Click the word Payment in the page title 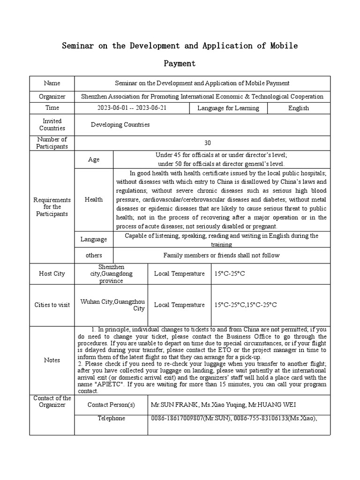pos(180,63)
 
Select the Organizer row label pos(52,96)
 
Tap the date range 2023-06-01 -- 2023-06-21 pos(132,108)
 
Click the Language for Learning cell pos(228,108)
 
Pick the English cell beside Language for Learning pos(299,108)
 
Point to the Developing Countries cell pos(120,125)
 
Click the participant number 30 pos(208,142)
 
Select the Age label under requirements pos(94,159)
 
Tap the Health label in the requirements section pos(94,199)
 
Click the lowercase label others pos(94,255)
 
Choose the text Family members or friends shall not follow pos(221,255)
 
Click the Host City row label pos(52,273)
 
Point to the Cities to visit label pos(52,305)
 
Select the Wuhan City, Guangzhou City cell pos(112,305)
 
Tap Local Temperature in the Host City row pos(180,273)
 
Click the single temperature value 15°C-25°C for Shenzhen pos(230,273)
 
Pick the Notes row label pos(52,360)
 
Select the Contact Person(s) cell pos(111,405)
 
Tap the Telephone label pos(111,418)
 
